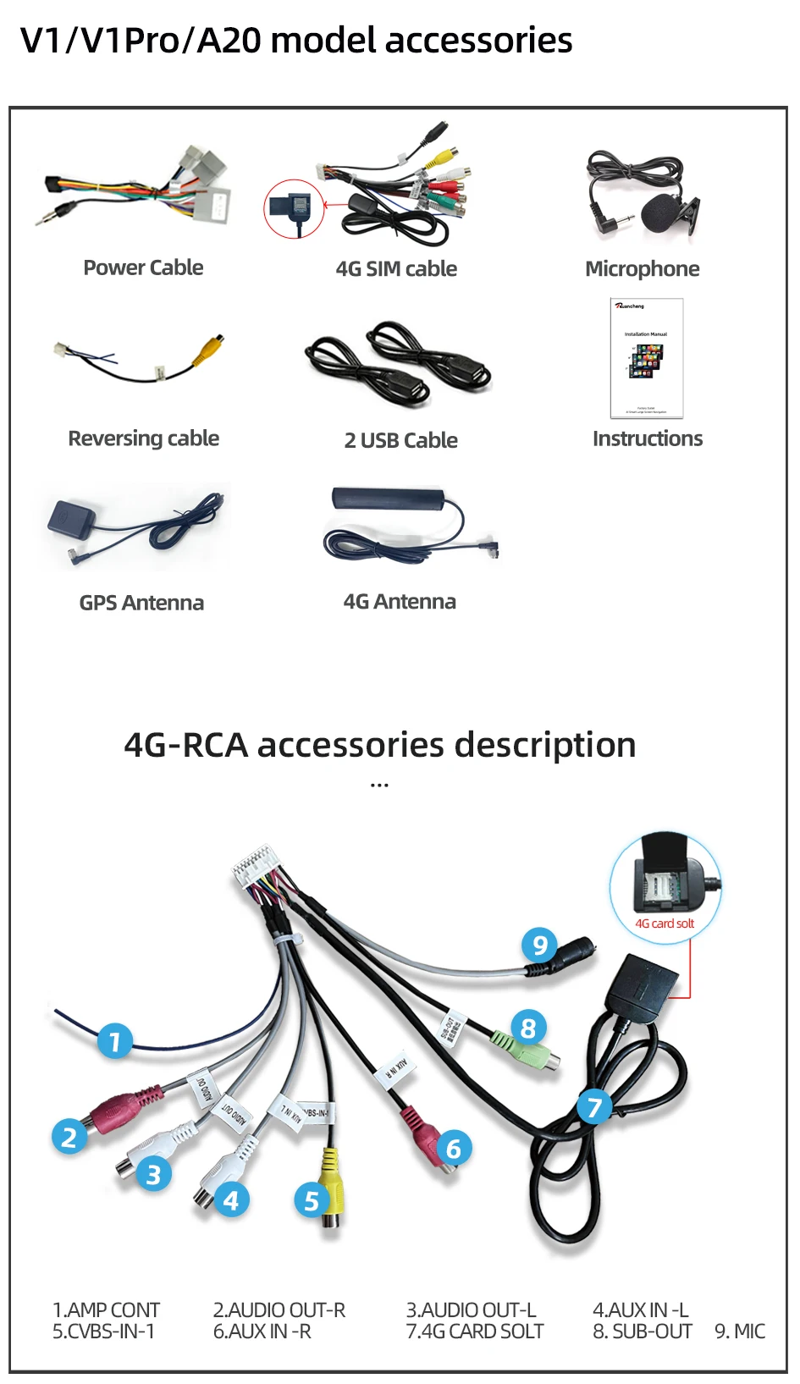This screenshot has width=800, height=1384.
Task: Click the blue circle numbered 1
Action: pyautogui.click(x=115, y=1040)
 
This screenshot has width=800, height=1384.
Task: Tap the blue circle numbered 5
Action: pyautogui.click(x=311, y=1200)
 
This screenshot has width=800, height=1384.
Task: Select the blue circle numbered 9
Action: pyautogui.click(x=539, y=944)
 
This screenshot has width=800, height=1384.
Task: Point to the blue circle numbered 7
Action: pyautogui.click(x=594, y=1107)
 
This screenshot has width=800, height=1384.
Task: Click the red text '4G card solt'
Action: pyautogui.click(x=665, y=924)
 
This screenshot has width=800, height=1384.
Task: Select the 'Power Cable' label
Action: pyautogui.click(x=143, y=267)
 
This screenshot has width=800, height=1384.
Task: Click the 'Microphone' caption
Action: pyautogui.click(x=642, y=269)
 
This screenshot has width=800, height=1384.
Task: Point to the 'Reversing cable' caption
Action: pyautogui.click(x=143, y=438)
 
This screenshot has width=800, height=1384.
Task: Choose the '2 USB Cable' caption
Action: pyautogui.click(x=400, y=440)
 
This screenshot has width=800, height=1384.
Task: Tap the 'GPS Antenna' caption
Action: pyautogui.click(x=141, y=603)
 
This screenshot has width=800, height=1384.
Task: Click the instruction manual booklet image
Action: pyautogui.click(x=647, y=358)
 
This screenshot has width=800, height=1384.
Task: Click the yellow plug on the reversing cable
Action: pyautogui.click(x=210, y=348)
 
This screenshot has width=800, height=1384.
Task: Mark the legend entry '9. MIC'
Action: pyautogui.click(x=740, y=1332)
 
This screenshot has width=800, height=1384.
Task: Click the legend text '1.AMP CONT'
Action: pyautogui.click(x=106, y=1310)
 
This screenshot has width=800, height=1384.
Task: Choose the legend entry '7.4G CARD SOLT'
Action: pyautogui.click(x=474, y=1332)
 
